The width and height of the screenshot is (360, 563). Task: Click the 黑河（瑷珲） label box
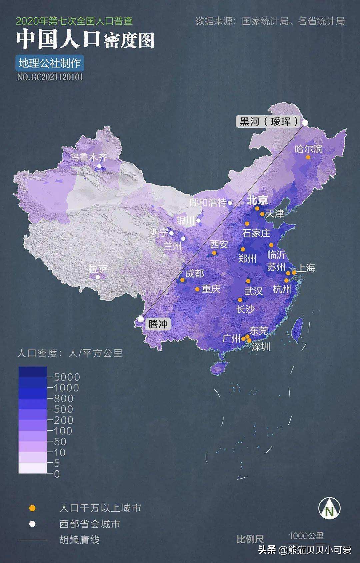tap(268, 121)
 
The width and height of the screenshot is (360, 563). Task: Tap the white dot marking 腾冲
tap(141, 319)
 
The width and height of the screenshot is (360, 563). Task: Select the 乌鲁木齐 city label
tap(88, 157)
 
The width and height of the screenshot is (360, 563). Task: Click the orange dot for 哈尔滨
tap(308, 157)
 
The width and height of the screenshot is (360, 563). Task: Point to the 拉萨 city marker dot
tap(98, 277)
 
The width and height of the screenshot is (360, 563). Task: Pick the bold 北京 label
tap(257, 200)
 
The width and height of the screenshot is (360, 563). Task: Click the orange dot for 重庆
tap(197, 289)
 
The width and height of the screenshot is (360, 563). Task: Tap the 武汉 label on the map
tap(253, 291)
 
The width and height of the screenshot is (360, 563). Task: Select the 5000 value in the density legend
tap(67, 377)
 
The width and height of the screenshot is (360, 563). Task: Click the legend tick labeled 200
tap(63, 420)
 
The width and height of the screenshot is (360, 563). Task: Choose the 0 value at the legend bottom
tap(57, 474)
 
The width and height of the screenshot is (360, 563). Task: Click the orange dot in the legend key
tap(32, 508)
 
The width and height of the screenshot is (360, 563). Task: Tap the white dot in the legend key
tap(32, 524)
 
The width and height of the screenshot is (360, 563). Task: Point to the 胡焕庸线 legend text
tap(79, 540)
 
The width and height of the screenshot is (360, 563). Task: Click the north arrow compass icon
tap(329, 508)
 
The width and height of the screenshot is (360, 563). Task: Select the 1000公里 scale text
tap(306, 536)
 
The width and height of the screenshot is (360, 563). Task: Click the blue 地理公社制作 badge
tap(50, 63)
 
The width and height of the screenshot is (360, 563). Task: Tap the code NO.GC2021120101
tap(50, 77)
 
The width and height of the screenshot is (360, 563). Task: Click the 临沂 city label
tap(276, 254)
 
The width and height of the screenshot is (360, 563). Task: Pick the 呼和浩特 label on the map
tap(208, 202)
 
